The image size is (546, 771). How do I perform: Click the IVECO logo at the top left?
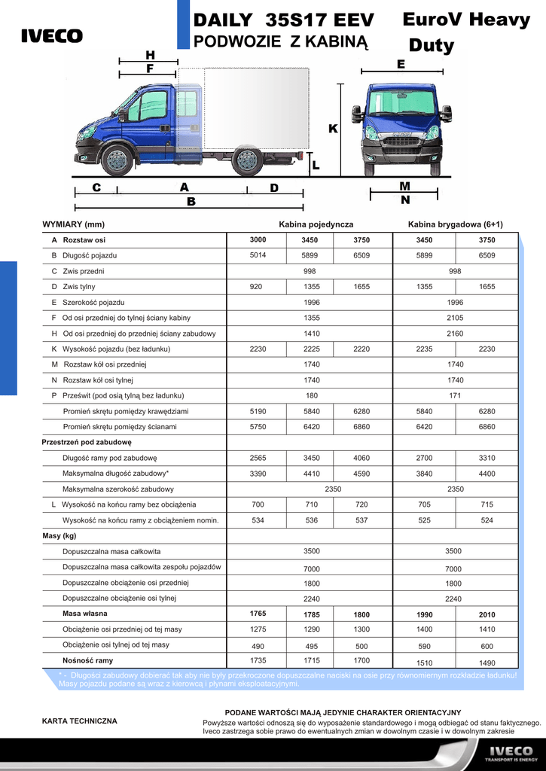pos(51,36)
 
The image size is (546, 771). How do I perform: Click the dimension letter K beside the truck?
pos(333,130)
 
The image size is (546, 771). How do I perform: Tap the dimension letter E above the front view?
pos(401,66)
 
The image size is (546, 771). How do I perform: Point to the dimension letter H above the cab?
pos(150,55)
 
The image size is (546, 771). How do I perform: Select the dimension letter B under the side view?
pos(191,202)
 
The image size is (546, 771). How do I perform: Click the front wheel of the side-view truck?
pos(117,160)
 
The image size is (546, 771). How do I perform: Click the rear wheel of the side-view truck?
pos(247,160)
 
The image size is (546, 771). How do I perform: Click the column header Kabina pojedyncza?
pos(316,224)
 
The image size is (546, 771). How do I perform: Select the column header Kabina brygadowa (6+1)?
pos(455,224)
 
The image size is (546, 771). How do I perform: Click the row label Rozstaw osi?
pos(84,240)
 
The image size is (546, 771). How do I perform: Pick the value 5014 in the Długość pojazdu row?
pos(258,255)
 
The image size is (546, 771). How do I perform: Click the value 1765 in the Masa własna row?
pos(258,614)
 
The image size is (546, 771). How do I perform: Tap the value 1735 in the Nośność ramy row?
pos(258,660)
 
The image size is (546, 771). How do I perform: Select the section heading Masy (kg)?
pos(59,536)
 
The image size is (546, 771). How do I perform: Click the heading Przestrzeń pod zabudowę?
pos(86,442)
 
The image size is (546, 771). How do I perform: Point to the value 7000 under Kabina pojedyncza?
pos(312,568)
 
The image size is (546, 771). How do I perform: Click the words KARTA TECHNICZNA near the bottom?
pos(79,721)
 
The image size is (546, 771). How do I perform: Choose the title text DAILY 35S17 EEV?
pos(284,20)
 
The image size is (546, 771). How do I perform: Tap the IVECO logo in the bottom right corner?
pos(511,753)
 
